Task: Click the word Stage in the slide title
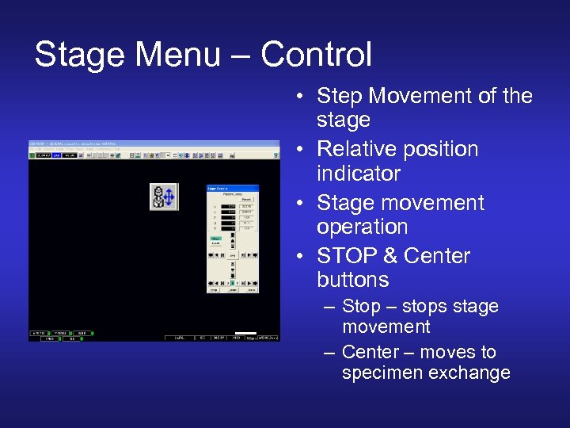[79, 55]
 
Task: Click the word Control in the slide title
[316, 55]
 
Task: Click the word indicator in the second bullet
[359, 173]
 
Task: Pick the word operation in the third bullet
[363, 227]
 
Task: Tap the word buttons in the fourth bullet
[353, 280]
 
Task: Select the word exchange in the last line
[470, 373]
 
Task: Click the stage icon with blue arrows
[164, 197]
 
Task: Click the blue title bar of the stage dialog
[232, 188]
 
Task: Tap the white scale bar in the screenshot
[246, 333]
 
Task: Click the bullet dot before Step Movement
[303, 97]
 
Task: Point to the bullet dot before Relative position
[303, 150]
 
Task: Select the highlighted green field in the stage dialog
[215, 238]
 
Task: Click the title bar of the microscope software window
[154, 143]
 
